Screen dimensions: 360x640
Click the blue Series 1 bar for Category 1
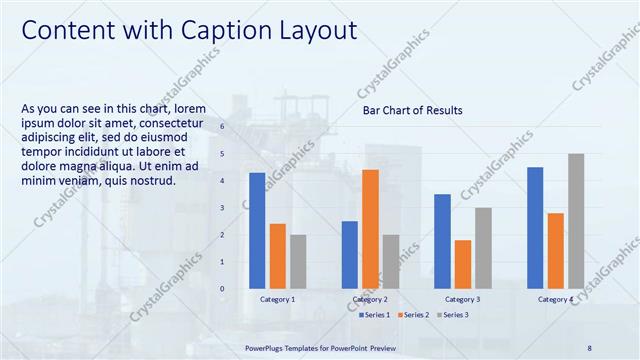(257, 229)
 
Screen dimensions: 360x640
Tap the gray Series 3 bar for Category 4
(576, 219)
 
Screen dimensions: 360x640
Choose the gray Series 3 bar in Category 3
(483, 246)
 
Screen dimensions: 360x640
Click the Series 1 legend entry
(376, 314)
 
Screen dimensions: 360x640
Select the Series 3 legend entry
(453, 314)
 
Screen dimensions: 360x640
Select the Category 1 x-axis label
(277, 299)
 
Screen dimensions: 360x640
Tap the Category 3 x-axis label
(462, 299)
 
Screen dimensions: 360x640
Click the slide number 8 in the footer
(589, 347)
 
